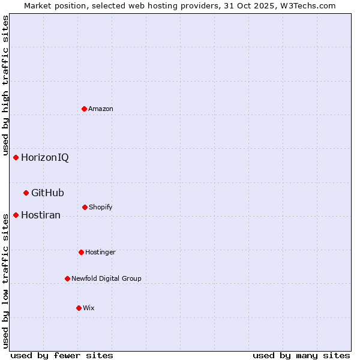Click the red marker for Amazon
click(84, 109)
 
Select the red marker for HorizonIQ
click(16, 157)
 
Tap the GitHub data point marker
click(26, 193)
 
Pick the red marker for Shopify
click(85, 207)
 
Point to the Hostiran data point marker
click(16, 215)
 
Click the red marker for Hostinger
click(81, 252)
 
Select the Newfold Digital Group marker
click(67, 278)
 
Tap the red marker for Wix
click(79, 308)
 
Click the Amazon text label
click(101, 109)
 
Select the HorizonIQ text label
click(45, 158)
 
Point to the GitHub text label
click(47, 193)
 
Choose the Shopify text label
click(101, 207)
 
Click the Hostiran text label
click(41, 215)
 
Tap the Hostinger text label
click(100, 252)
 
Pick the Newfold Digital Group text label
click(106, 278)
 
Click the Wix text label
click(89, 308)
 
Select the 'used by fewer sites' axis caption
click(62, 355)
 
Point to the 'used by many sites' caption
click(301, 355)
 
